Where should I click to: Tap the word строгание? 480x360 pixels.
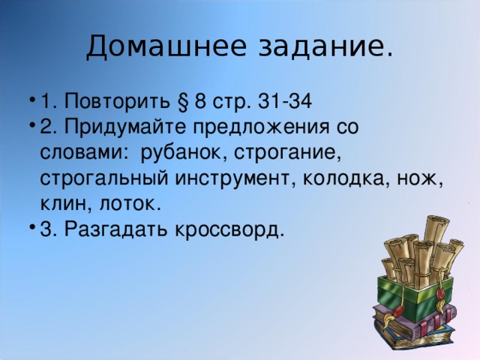pos(288,152)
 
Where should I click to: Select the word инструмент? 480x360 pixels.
pos(240,178)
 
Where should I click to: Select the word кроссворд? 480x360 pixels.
pos(229,229)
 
